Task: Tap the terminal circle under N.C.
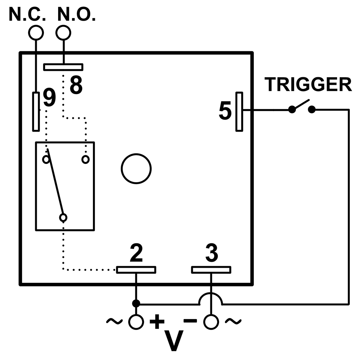(x=36, y=33)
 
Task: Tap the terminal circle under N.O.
(x=63, y=33)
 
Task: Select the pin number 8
(x=76, y=85)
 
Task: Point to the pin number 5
(x=225, y=112)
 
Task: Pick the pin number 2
(x=136, y=254)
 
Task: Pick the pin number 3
(x=211, y=254)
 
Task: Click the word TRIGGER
(x=308, y=85)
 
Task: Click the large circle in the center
(x=136, y=168)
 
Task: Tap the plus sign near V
(x=157, y=321)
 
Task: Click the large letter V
(x=174, y=340)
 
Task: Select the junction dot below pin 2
(x=136, y=303)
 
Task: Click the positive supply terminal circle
(x=136, y=321)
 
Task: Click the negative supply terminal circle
(x=211, y=321)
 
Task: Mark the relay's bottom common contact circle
(x=63, y=217)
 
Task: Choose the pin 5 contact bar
(x=239, y=112)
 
